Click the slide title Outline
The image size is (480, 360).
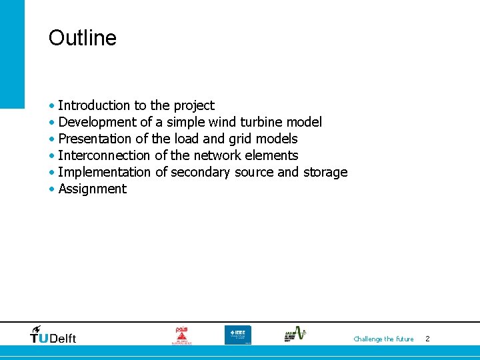tap(82, 38)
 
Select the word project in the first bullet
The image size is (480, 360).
tap(194, 106)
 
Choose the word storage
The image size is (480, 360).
tap(325, 173)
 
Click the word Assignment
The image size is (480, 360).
tap(92, 189)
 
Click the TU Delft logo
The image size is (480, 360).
tap(53, 335)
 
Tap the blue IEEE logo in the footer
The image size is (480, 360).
tap(237, 335)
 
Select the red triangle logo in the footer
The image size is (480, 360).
tap(181, 335)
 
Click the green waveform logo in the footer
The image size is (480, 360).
tap(295, 334)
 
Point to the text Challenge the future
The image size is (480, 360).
tap(383, 339)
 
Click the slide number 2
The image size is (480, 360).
tap(427, 339)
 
